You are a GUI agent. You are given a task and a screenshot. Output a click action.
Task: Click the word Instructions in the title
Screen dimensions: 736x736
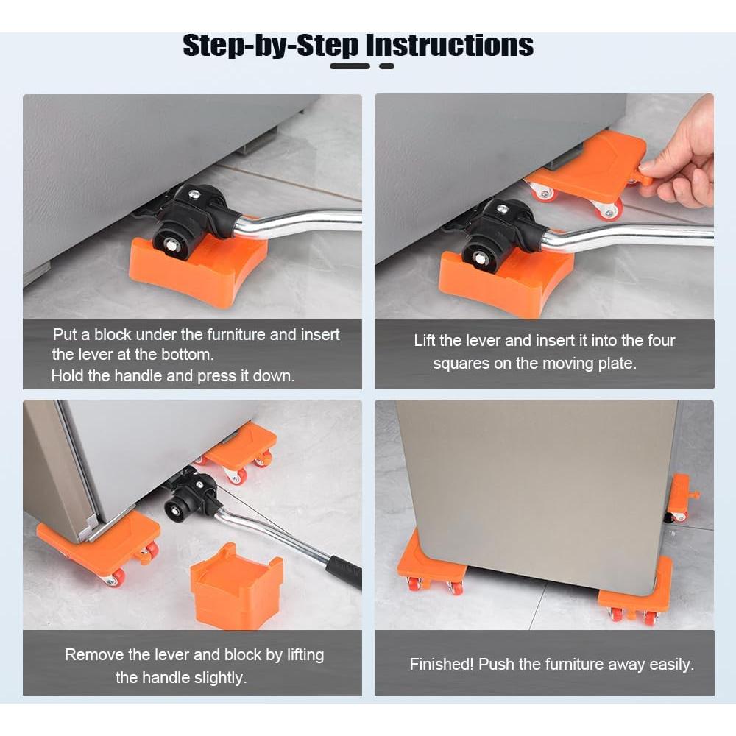[449, 46]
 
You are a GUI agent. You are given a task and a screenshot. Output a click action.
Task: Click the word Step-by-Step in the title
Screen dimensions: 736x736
[270, 46]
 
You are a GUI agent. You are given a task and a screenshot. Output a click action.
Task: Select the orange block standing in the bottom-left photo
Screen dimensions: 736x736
[236, 587]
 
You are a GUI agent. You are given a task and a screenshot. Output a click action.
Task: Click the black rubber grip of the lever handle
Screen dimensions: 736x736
[345, 571]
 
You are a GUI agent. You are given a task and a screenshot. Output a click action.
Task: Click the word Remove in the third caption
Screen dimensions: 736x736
[93, 654]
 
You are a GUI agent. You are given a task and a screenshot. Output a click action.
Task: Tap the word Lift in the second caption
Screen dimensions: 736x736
[425, 340]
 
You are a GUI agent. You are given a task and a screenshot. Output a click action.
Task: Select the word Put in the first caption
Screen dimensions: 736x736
[65, 335]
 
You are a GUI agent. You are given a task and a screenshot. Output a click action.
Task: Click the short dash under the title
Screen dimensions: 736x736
[387, 66]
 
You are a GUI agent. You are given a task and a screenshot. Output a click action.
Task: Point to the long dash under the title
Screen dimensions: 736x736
[350, 66]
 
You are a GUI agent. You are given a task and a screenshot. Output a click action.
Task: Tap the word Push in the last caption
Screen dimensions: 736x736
[496, 664]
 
